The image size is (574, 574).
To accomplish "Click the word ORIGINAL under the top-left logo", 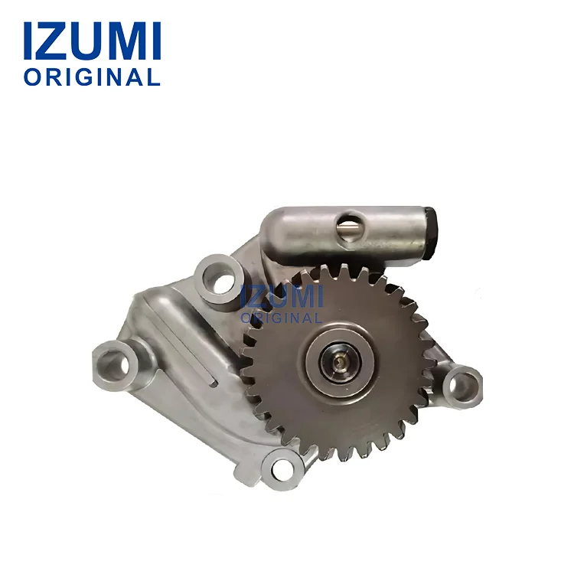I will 92,77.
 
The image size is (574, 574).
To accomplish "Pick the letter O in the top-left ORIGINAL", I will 31,77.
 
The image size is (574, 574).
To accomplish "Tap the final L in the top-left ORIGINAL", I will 154,77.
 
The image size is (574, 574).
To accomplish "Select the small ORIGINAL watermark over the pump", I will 282,317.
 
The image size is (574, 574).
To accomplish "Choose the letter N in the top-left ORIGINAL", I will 116,77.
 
